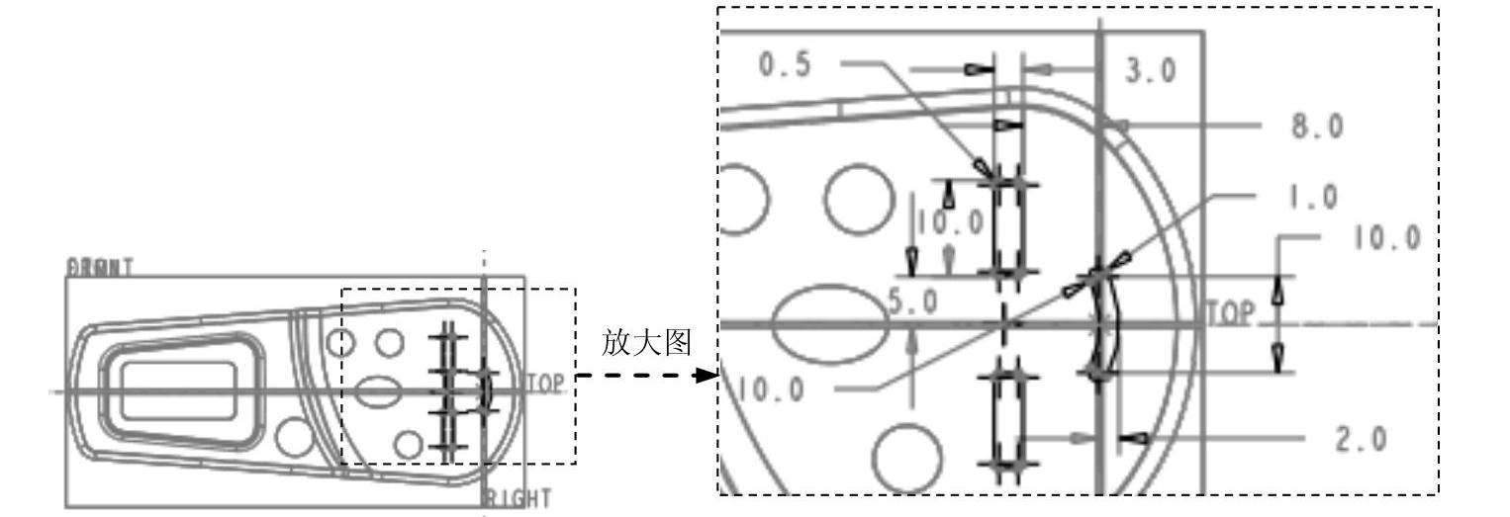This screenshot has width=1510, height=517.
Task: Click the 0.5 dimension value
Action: pyautogui.click(x=785, y=66)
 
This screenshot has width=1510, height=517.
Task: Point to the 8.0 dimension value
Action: pyautogui.click(x=1318, y=128)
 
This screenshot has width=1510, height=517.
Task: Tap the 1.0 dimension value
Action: pyautogui.click(x=1312, y=197)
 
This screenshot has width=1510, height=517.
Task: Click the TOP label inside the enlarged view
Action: pyautogui.click(x=1229, y=313)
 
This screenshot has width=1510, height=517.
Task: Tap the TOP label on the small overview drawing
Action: pyautogui.click(x=547, y=383)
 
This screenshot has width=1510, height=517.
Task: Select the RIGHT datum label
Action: pyautogui.click(x=518, y=497)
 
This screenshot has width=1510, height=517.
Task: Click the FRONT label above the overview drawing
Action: pyautogui.click(x=100, y=267)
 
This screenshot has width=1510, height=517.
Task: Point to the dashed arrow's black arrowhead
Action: pyautogui.click(x=704, y=376)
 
